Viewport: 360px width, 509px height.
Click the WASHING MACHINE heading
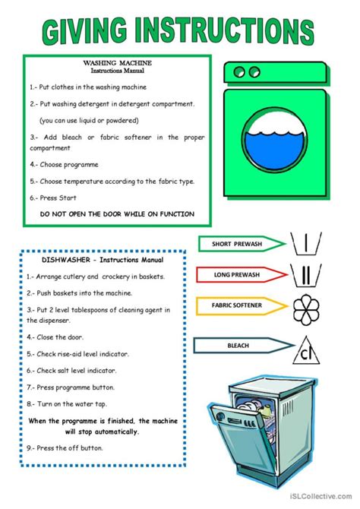pyautogui.click(x=117, y=62)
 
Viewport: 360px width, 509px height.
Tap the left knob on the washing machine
pyautogui.click(x=239, y=71)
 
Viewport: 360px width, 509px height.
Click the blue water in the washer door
pyautogui.click(x=275, y=150)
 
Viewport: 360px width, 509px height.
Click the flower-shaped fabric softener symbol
pyautogui.click(x=306, y=309)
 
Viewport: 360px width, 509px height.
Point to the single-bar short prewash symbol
pyautogui.click(x=305, y=243)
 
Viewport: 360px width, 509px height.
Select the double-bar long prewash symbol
pyautogui.click(x=305, y=275)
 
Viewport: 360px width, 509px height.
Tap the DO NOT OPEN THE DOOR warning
pyautogui.click(x=117, y=214)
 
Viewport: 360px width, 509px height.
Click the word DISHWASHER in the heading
pyautogui.click(x=66, y=260)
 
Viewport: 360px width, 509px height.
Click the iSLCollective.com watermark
pyautogui.click(x=320, y=496)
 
